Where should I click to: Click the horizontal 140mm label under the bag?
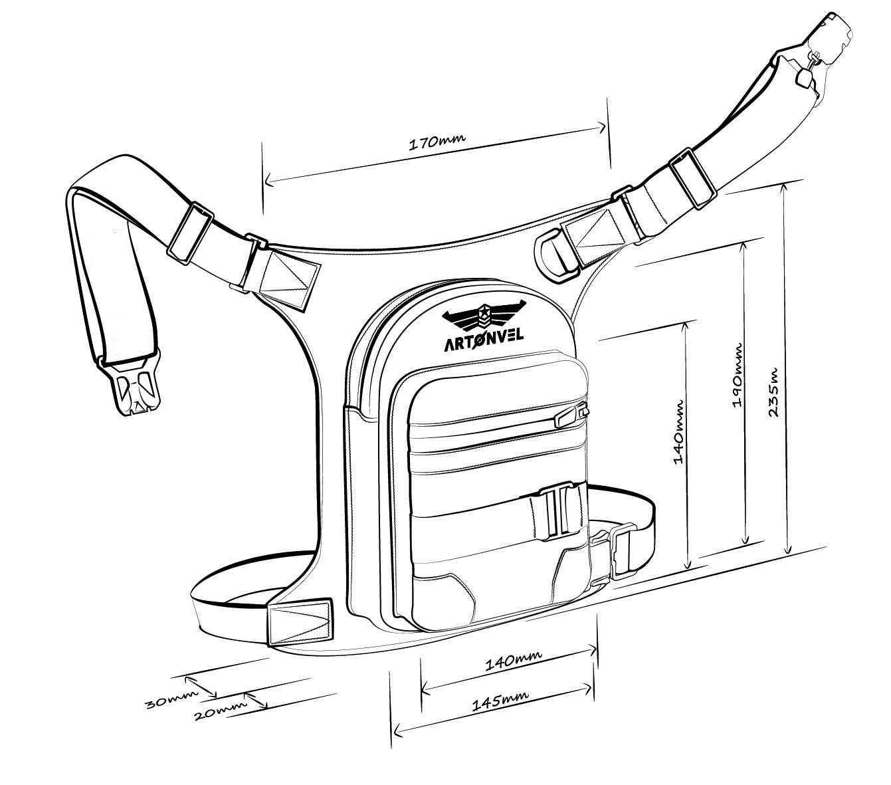pyautogui.click(x=513, y=659)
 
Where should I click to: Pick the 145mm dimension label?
pyautogui.click(x=500, y=701)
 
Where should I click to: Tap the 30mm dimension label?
pyautogui.click(x=171, y=700)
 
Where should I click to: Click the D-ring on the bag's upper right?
pyautogui.click(x=554, y=255)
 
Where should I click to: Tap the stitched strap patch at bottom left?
pyautogui.click(x=300, y=622)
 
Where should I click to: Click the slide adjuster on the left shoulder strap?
pyautogui.click(x=190, y=233)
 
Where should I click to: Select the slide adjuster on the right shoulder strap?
pyautogui.click(x=693, y=179)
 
